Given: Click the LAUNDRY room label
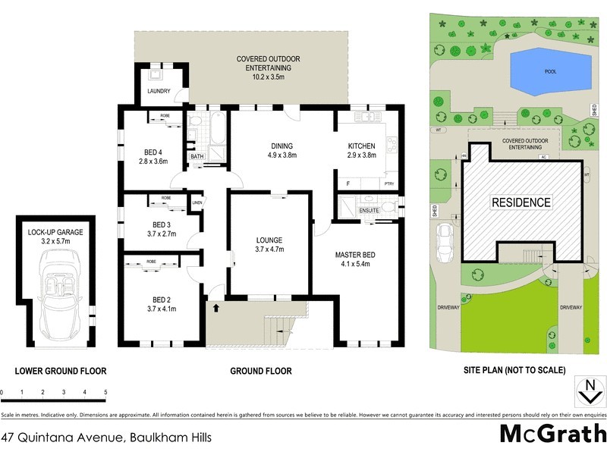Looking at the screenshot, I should coord(159,93).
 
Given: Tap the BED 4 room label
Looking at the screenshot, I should coord(153,150).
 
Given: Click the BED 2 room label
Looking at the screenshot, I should coord(161,298).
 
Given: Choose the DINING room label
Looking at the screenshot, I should coord(281,146).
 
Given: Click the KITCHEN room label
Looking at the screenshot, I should coord(362,146).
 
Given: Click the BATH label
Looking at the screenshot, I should coord(197,157).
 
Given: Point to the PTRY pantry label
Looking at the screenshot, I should coord(390,184).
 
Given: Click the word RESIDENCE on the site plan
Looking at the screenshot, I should coord(521,202).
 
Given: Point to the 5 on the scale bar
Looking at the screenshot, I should coord(105,392).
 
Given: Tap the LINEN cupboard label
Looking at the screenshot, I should coord(197,202).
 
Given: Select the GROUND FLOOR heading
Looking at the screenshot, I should coord(261,371).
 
